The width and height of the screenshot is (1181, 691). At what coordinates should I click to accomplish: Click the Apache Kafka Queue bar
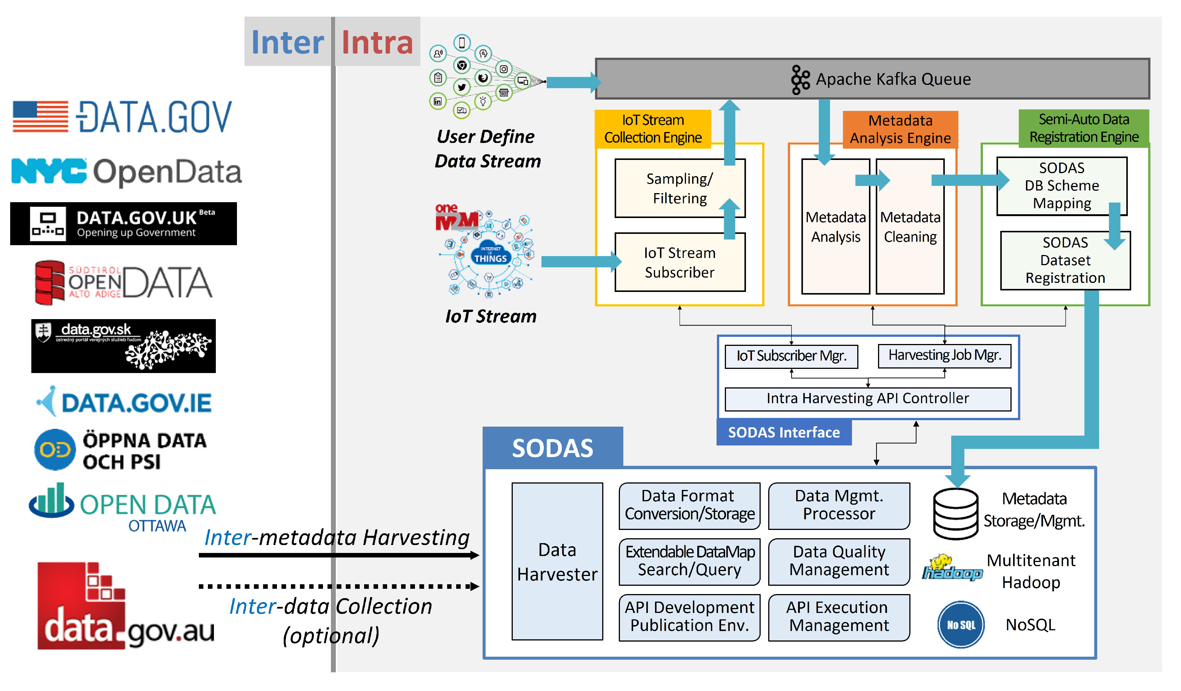872,79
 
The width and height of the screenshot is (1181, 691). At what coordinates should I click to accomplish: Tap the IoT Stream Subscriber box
680,263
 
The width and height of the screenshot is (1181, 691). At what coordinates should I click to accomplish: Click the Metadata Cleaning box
910,227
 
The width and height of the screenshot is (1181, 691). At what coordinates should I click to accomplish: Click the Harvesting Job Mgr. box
944,356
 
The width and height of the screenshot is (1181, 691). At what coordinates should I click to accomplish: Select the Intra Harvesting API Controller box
867,399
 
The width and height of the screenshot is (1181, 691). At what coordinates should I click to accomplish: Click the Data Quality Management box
839,561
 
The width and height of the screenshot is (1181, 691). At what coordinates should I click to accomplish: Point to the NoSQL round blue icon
961,625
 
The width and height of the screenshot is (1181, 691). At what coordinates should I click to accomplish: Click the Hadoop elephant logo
951,568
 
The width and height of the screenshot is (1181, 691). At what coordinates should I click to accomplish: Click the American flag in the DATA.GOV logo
40,116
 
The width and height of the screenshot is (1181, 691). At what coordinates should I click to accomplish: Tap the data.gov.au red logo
82,607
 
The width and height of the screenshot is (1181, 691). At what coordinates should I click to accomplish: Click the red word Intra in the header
377,42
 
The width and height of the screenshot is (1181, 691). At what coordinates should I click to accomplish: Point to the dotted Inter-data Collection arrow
337,586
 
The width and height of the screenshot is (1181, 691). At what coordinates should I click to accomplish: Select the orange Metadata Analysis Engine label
900,129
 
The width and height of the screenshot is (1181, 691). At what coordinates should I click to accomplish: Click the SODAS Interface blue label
784,432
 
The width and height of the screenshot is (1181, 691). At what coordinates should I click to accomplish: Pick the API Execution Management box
839,617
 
